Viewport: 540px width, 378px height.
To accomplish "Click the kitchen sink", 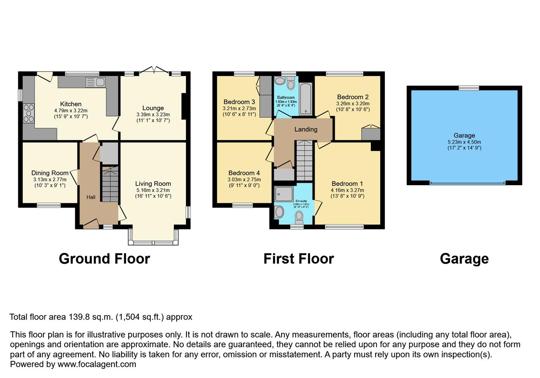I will pyautogui.click(x=95, y=82).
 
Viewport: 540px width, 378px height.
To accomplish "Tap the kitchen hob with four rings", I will pyautogui.click(x=29, y=113).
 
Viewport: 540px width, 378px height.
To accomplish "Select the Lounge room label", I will pyautogui.click(x=153, y=108).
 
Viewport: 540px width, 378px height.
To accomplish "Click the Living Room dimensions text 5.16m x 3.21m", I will pyautogui.click(x=153, y=190).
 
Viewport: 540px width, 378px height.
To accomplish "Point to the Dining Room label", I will pyautogui.click(x=50, y=173).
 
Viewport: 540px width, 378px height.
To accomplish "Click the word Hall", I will pyautogui.click(x=91, y=197).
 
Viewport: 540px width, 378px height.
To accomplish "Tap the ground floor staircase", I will pyautogui.click(x=110, y=184).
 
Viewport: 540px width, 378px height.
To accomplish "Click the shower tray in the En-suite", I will pyautogui.click(x=284, y=194).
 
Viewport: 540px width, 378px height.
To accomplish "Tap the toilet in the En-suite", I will pyautogui.click(x=299, y=217).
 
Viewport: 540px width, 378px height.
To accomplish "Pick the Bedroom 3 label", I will pyautogui.click(x=239, y=102).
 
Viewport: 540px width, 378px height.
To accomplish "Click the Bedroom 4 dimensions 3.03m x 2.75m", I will pyautogui.click(x=244, y=180).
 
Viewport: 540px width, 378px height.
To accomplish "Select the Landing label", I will pyautogui.click(x=306, y=129).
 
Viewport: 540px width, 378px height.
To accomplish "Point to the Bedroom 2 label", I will pyautogui.click(x=353, y=97).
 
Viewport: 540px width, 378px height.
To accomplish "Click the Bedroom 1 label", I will pyautogui.click(x=347, y=183).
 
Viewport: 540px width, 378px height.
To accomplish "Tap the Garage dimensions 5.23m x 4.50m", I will pyautogui.click(x=464, y=142).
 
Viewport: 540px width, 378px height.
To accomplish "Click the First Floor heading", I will pyautogui.click(x=298, y=259).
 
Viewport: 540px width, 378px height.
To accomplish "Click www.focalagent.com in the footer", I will pyautogui.click(x=97, y=364).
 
